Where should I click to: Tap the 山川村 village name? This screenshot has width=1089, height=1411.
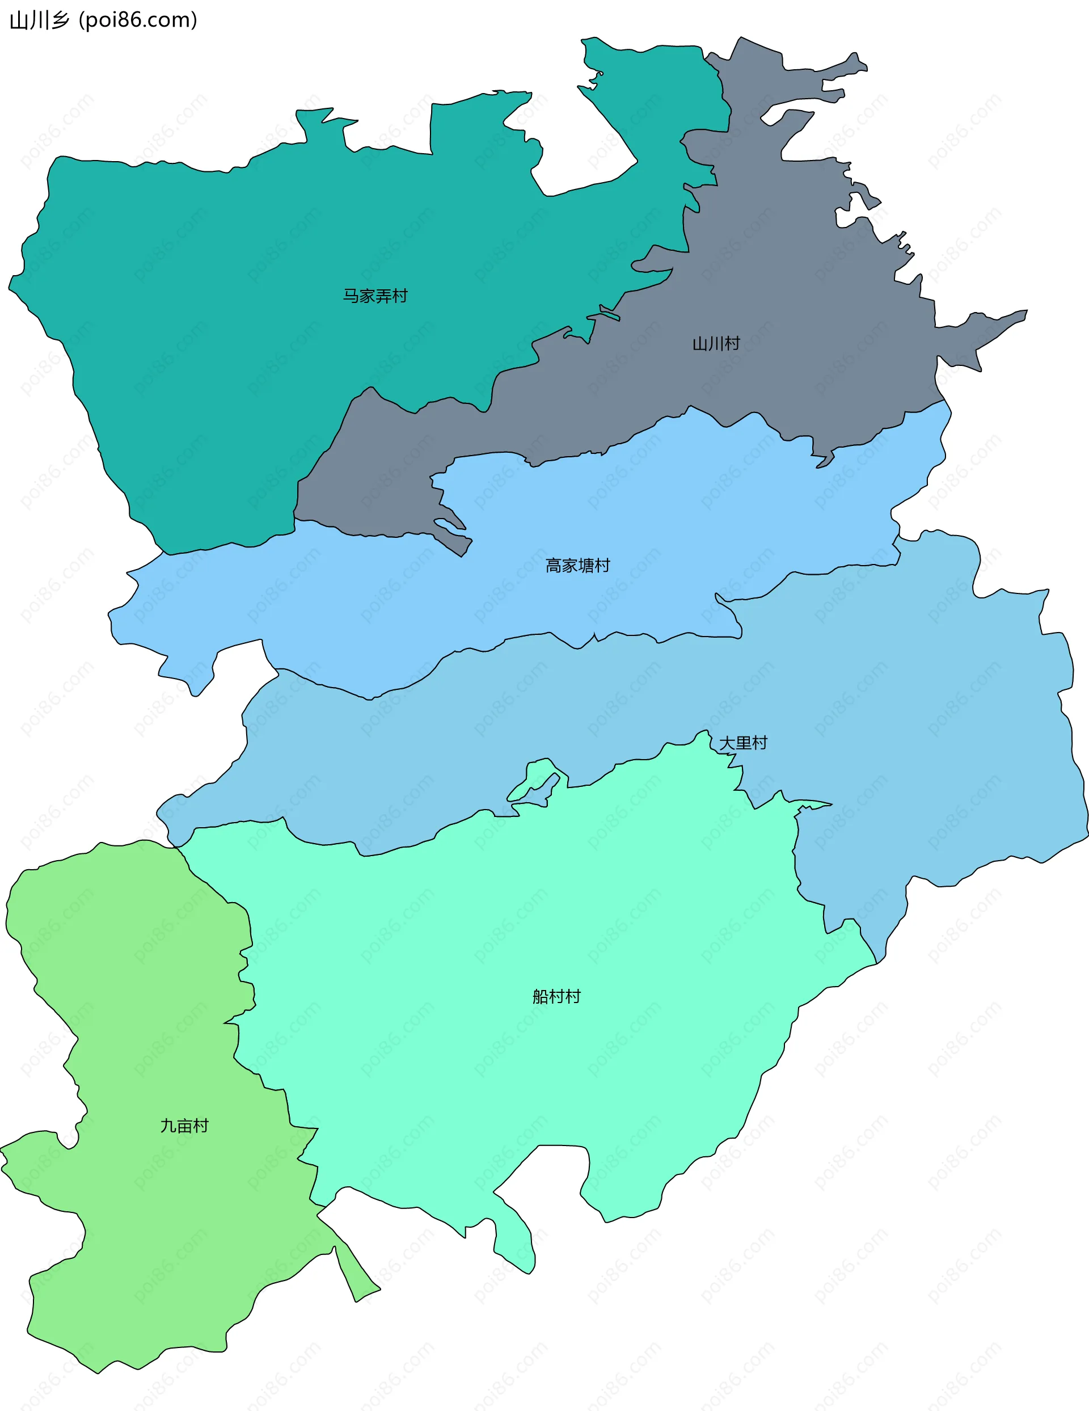[x=716, y=344]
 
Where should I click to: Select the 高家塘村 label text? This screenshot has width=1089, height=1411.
[x=577, y=566]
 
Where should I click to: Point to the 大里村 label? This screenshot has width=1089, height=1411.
[x=743, y=743]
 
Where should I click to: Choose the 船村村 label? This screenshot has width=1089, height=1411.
[x=556, y=997]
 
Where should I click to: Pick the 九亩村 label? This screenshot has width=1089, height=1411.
[x=184, y=1126]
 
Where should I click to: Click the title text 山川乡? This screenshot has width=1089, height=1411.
[x=39, y=20]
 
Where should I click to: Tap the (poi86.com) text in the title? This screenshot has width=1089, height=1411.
[x=138, y=20]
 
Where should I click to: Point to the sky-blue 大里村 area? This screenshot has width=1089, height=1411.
[x=936, y=711]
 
